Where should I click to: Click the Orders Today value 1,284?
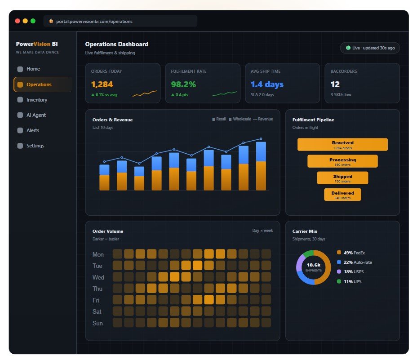click(102, 84)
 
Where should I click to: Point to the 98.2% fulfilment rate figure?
click(183, 84)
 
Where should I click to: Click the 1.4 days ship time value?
click(267, 84)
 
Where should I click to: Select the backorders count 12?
click(335, 84)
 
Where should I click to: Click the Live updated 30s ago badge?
click(370, 48)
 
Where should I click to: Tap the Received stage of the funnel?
click(342, 144)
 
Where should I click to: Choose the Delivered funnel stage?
click(342, 195)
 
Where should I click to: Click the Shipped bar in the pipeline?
click(342, 178)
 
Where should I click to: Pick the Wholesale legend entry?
click(240, 119)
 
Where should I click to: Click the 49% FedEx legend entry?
click(351, 253)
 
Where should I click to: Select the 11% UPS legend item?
click(349, 281)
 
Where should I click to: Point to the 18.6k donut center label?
click(314, 265)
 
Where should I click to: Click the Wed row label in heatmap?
click(98, 277)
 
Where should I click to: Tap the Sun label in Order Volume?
click(98, 323)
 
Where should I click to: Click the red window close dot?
click(18, 21)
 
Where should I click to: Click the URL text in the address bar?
click(94, 21)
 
